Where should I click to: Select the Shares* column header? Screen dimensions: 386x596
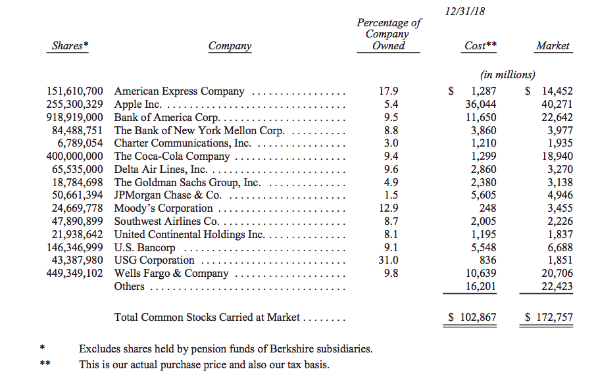point(70,46)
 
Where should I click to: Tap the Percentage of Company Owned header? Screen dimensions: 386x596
point(389,34)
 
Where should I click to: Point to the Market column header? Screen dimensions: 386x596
point(553,46)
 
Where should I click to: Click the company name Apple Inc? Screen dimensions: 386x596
point(139,105)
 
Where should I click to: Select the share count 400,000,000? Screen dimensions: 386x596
point(74,157)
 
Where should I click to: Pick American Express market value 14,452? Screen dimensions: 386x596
point(554,91)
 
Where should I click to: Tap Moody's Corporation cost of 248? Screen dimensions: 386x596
point(487,208)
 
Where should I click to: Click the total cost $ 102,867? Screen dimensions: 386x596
point(472,318)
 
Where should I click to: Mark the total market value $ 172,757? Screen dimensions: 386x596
point(549,318)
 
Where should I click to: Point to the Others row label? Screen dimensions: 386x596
point(129,286)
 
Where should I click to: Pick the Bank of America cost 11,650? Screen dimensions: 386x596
point(480,118)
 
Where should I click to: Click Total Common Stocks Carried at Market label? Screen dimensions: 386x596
point(207,318)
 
